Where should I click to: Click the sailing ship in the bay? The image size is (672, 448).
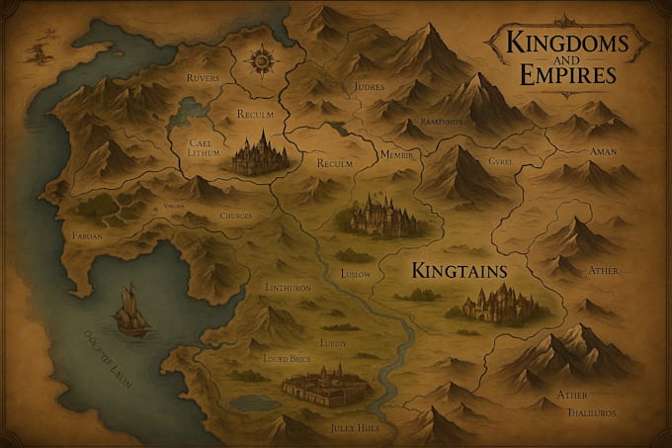pyautogui.click(x=128, y=309)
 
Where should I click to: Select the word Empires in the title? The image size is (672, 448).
pyautogui.click(x=559, y=74)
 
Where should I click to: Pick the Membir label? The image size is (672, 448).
pyautogui.click(x=399, y=155)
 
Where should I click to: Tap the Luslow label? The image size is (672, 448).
pyautogui.click(x=355, y=272)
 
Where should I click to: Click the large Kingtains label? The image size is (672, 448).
pyautogui.click(x=459, y=268)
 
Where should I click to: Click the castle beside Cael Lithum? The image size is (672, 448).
pyautogui.click(x=260, y=156)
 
